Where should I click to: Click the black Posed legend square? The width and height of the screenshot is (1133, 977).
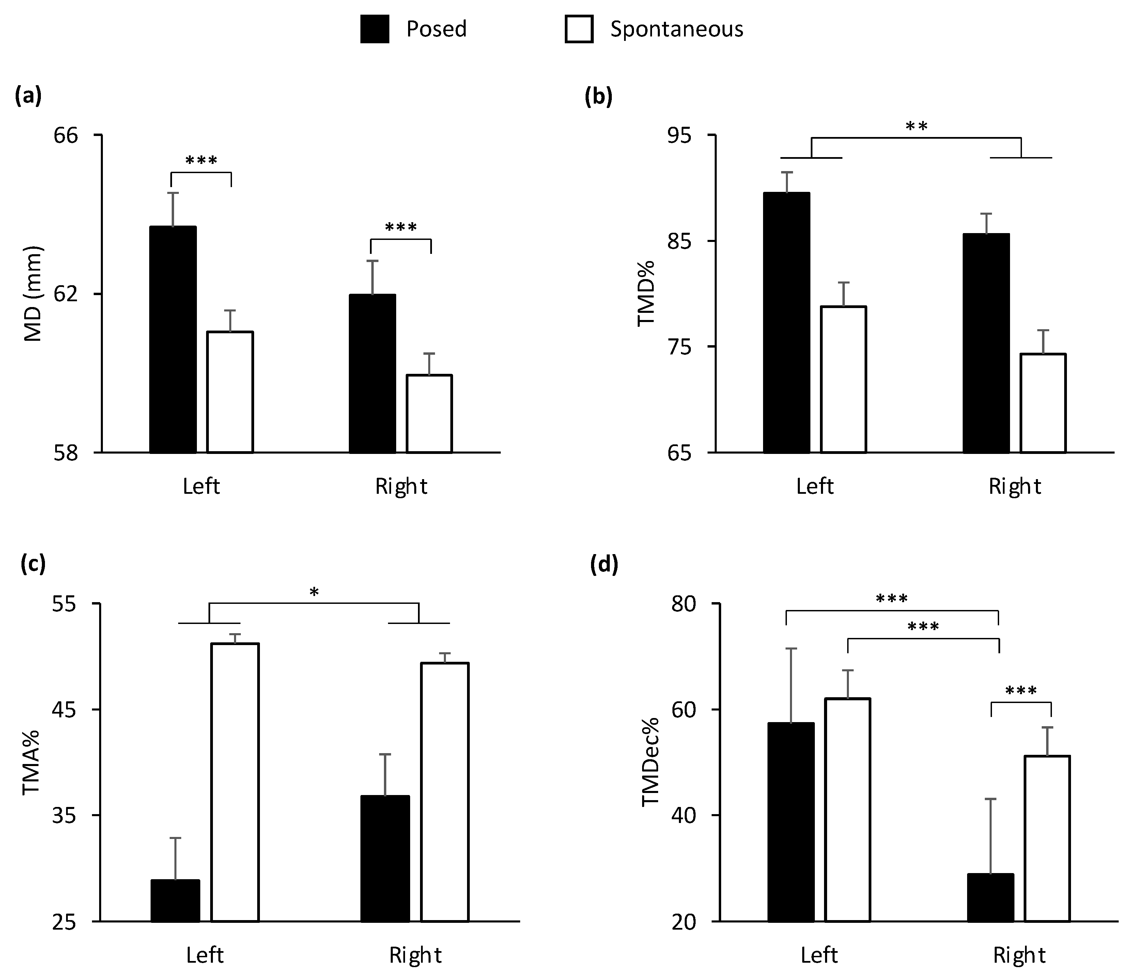(x=375, y=29)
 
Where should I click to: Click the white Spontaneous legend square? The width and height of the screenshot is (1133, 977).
(x=578, y=29)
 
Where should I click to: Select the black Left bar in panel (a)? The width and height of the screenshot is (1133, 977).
(x=173, y=339)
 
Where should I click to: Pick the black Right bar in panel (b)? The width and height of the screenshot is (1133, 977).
(x=986, y=343)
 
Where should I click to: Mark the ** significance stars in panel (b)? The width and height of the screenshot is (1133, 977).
(x=916, y=127)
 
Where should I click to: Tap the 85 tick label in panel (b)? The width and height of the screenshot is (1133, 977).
(x=679, y=241)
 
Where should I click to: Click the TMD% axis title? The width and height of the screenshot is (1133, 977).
(x=646, y=294)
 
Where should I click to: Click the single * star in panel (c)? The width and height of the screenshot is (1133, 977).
(x=314, y=592)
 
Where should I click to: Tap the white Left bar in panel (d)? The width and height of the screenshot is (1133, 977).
(x=848, y=810)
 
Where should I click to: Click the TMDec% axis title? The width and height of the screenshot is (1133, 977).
(x=651, y=762)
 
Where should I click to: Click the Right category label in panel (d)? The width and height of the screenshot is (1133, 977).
(x=1019, y=955)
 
